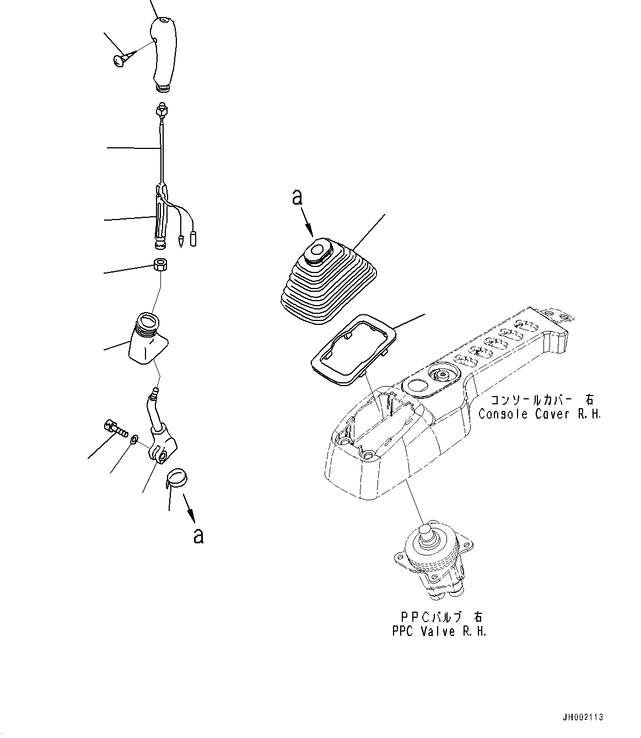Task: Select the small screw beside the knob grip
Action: [119, 61]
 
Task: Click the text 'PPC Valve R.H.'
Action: [439, 632]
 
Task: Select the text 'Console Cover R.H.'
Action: [539, 414]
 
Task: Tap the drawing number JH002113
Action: [583, 718]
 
